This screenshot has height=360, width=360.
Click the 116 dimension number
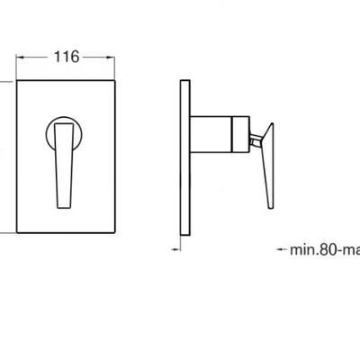click(x=67, y=57)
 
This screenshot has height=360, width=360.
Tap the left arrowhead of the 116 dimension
click(x=20, y=57)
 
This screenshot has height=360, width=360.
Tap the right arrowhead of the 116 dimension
click(x=111, y=57)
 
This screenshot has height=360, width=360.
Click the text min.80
click(x=313, y=249)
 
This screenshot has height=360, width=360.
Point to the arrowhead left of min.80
click(x=280, y=249)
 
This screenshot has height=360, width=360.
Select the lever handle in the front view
click(x=64, y=166)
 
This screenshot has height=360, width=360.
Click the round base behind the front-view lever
click(x=64, y=134)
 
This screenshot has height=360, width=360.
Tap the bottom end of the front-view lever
click(x=64, y=208)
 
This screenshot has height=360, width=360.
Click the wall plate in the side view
click(x=185, y=157)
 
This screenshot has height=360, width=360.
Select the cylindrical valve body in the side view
click(x=220, y=134)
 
